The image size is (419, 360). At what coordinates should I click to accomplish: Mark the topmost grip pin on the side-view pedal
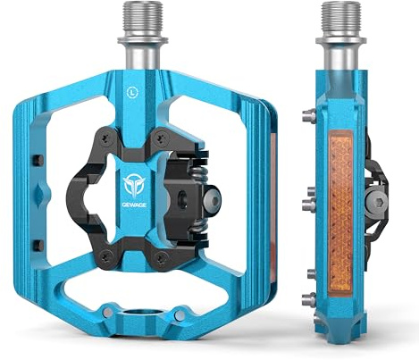[x=307, y=114]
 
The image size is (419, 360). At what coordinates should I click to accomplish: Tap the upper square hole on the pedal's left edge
[x=38, y=162]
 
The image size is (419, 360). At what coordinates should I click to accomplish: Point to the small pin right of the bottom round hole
[x=179, y=312]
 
